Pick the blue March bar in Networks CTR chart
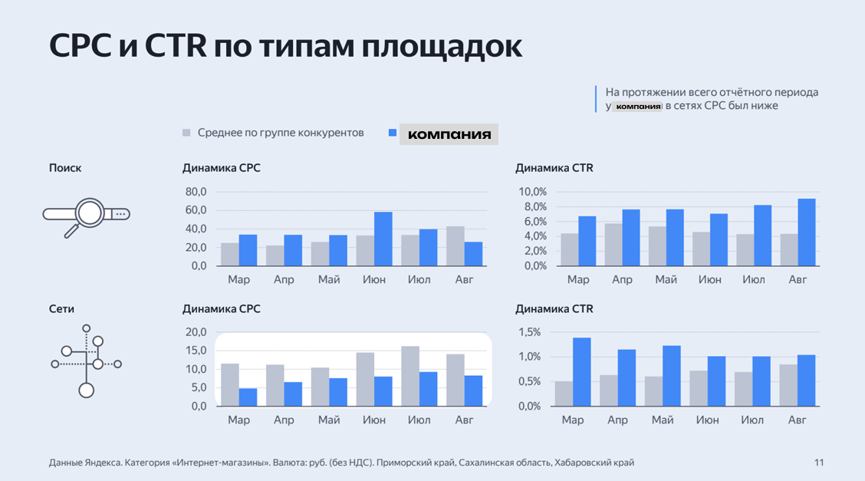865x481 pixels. point(582,372)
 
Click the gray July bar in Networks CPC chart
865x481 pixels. point(410,376)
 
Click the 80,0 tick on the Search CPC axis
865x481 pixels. point(196,192)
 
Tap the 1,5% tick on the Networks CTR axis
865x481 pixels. point(530,332)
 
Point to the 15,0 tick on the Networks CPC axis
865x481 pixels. point(196,351)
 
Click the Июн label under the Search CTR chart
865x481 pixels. point(710,280)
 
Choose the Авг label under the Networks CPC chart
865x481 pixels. point(465,420)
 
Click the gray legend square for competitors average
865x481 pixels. point(186,133)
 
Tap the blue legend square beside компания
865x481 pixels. point(392,133)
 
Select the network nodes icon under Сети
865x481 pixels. point(87,364)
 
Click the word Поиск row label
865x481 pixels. point(65,168)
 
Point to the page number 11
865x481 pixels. point(819,463)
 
